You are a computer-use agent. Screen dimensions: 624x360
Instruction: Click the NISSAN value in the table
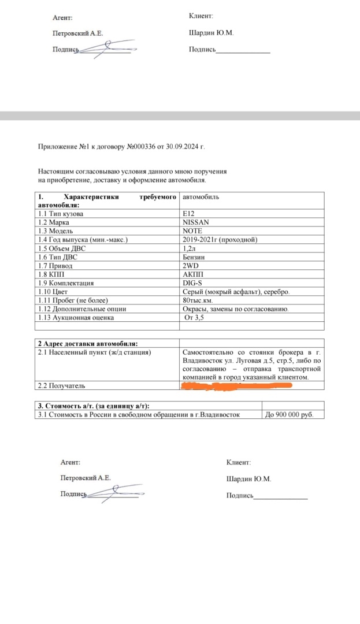click(195, 222)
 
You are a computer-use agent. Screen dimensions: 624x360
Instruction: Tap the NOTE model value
click(192, 231)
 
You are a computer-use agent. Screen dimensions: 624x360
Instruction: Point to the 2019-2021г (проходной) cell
click(220, 239)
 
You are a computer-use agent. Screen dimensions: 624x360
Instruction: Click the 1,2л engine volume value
click(190, 248)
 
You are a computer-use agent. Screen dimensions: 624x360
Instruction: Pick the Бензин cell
click(194, 257)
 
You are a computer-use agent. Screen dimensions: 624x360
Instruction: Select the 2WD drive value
click(191, 265)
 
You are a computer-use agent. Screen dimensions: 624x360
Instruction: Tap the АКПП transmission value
click(193, 274)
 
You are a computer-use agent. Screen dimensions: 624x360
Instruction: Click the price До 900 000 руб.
click(289, 414)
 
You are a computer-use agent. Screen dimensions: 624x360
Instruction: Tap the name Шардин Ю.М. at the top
click(210, 33)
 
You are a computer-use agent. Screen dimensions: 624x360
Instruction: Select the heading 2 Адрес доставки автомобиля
click(87, 344)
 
